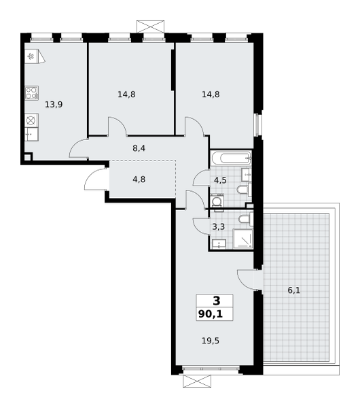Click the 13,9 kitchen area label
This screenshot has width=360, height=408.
click(54, 105)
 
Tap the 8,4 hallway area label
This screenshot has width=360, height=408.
click(139, 148)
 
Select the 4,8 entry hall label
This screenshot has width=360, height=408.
click(139, 180)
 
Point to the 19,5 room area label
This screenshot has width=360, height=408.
click(211, 341)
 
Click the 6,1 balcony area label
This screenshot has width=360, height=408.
click(294, 290)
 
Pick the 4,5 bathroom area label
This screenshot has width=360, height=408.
click(220, 180)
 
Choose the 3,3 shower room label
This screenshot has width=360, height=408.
click(219, 227)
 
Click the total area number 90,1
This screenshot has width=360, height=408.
click(211, 314)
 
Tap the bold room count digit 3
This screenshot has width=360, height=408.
click(216, 301)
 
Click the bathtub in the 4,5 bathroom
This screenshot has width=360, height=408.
click(231, 158)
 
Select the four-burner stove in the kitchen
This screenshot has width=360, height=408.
click(32, 93)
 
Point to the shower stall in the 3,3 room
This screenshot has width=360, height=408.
click(243, 239)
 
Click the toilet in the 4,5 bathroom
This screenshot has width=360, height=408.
click(245, 190)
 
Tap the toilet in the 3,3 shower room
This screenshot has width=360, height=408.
click(246, 219)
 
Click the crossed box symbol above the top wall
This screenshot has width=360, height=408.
click(151, 27)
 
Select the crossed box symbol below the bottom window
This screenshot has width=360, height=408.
click(197, 381)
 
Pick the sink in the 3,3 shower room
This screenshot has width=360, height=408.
click(219, 244)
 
